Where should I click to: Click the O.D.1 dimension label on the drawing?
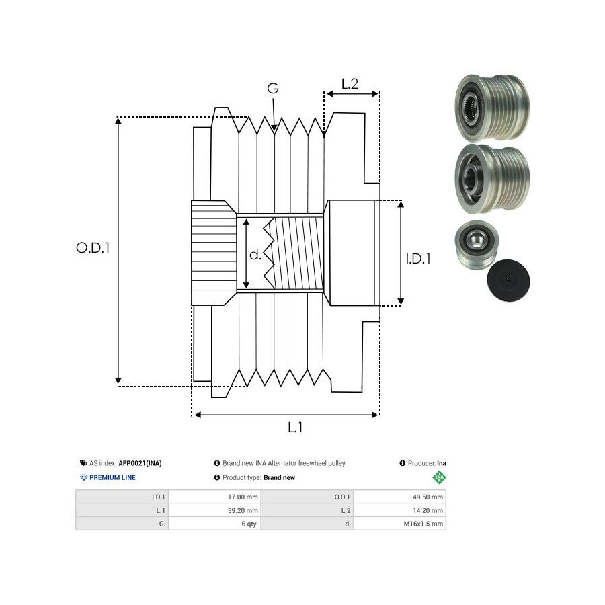pos(93,247)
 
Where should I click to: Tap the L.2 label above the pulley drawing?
pos(350,84)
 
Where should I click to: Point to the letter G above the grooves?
pos(273,88)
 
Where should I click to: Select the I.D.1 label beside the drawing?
pos(419,257)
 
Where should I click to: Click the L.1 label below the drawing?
pos(295,427)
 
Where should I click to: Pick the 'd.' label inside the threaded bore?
pos(255,255)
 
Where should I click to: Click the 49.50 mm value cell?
pos(428,497)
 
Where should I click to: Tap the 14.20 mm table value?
pos(428,510)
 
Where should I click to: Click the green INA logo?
pos(439,478)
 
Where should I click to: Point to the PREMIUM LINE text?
pos(113,477)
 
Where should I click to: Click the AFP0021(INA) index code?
pos(140,463)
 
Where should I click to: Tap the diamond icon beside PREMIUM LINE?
pos(83,477)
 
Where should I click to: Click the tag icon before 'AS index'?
pos(83,463)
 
